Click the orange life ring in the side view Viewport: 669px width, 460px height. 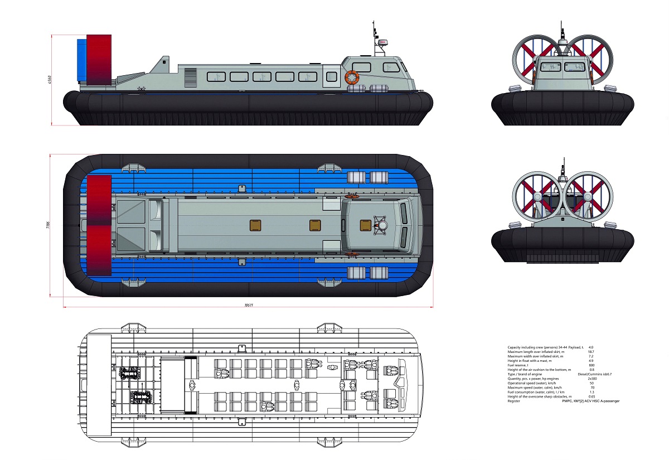coord(352,78)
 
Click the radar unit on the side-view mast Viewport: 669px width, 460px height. coord(382,42)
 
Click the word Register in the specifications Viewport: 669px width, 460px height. coord(514,401)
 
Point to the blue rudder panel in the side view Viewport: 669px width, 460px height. coord(81,60)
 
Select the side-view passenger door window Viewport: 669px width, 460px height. coord(332,76)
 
